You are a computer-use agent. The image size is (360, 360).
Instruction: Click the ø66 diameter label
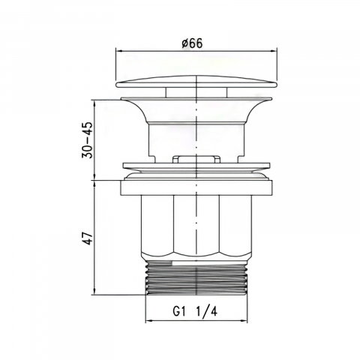[192, 43]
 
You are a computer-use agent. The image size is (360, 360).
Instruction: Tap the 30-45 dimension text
[87, 140]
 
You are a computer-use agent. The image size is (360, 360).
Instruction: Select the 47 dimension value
[88, 238]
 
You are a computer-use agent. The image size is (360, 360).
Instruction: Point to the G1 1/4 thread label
[195, 311]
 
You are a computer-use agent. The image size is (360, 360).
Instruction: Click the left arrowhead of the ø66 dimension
[119, 51]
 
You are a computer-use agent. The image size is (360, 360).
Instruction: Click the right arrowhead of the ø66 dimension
[274, 51]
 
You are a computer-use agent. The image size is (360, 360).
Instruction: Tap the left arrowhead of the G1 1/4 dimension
[149, 320]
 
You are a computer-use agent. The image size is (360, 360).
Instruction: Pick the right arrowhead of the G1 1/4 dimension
[244, 320]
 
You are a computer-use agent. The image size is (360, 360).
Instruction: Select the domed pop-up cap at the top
[196, 82]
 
